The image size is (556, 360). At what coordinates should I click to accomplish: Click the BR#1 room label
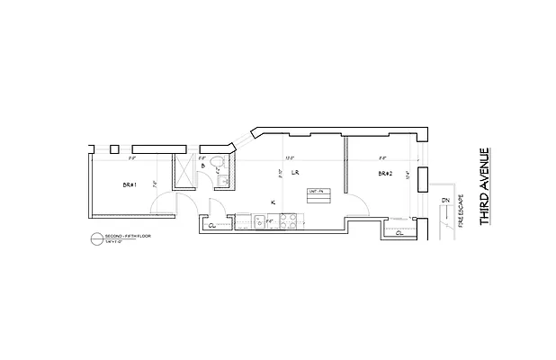(x=129, y=184)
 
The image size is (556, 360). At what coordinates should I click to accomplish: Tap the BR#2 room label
(x=385, y=173)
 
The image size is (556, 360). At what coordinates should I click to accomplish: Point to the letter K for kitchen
(x=273, y=202)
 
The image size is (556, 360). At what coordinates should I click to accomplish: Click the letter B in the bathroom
(x=203, y=166)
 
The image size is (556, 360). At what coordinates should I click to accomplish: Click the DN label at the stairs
(x=444, y=200)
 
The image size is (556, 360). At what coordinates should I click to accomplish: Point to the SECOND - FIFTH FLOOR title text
(x=127, y=236)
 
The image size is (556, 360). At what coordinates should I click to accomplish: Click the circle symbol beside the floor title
(x=98, y=239)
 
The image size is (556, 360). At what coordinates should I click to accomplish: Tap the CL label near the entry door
(x=212, y=226)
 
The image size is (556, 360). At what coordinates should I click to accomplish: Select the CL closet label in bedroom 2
(x=399, y=233)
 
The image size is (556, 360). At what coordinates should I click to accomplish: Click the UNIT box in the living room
(x=315, y=192)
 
